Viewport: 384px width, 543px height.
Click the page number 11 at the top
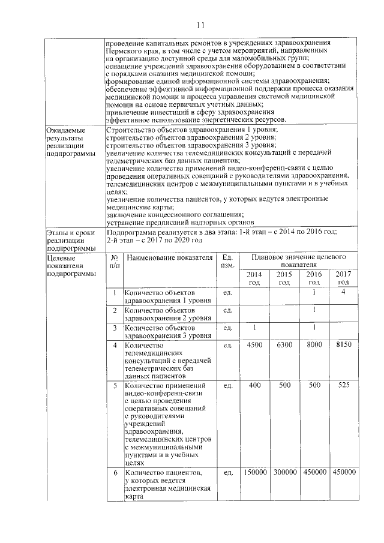click(200, 25)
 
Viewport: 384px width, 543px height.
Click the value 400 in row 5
click(254, 385)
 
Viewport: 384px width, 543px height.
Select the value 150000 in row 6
click(254, 473)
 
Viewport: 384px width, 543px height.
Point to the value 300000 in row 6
click(284, 473)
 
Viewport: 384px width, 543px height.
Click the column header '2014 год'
click(254, 278)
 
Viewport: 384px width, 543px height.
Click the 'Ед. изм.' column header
click(227, 261)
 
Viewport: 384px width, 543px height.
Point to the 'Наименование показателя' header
click(169, 258)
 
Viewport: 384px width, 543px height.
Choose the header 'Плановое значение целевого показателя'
click(298, 260)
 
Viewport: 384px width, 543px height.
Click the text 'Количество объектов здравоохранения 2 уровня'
click(160, 314)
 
